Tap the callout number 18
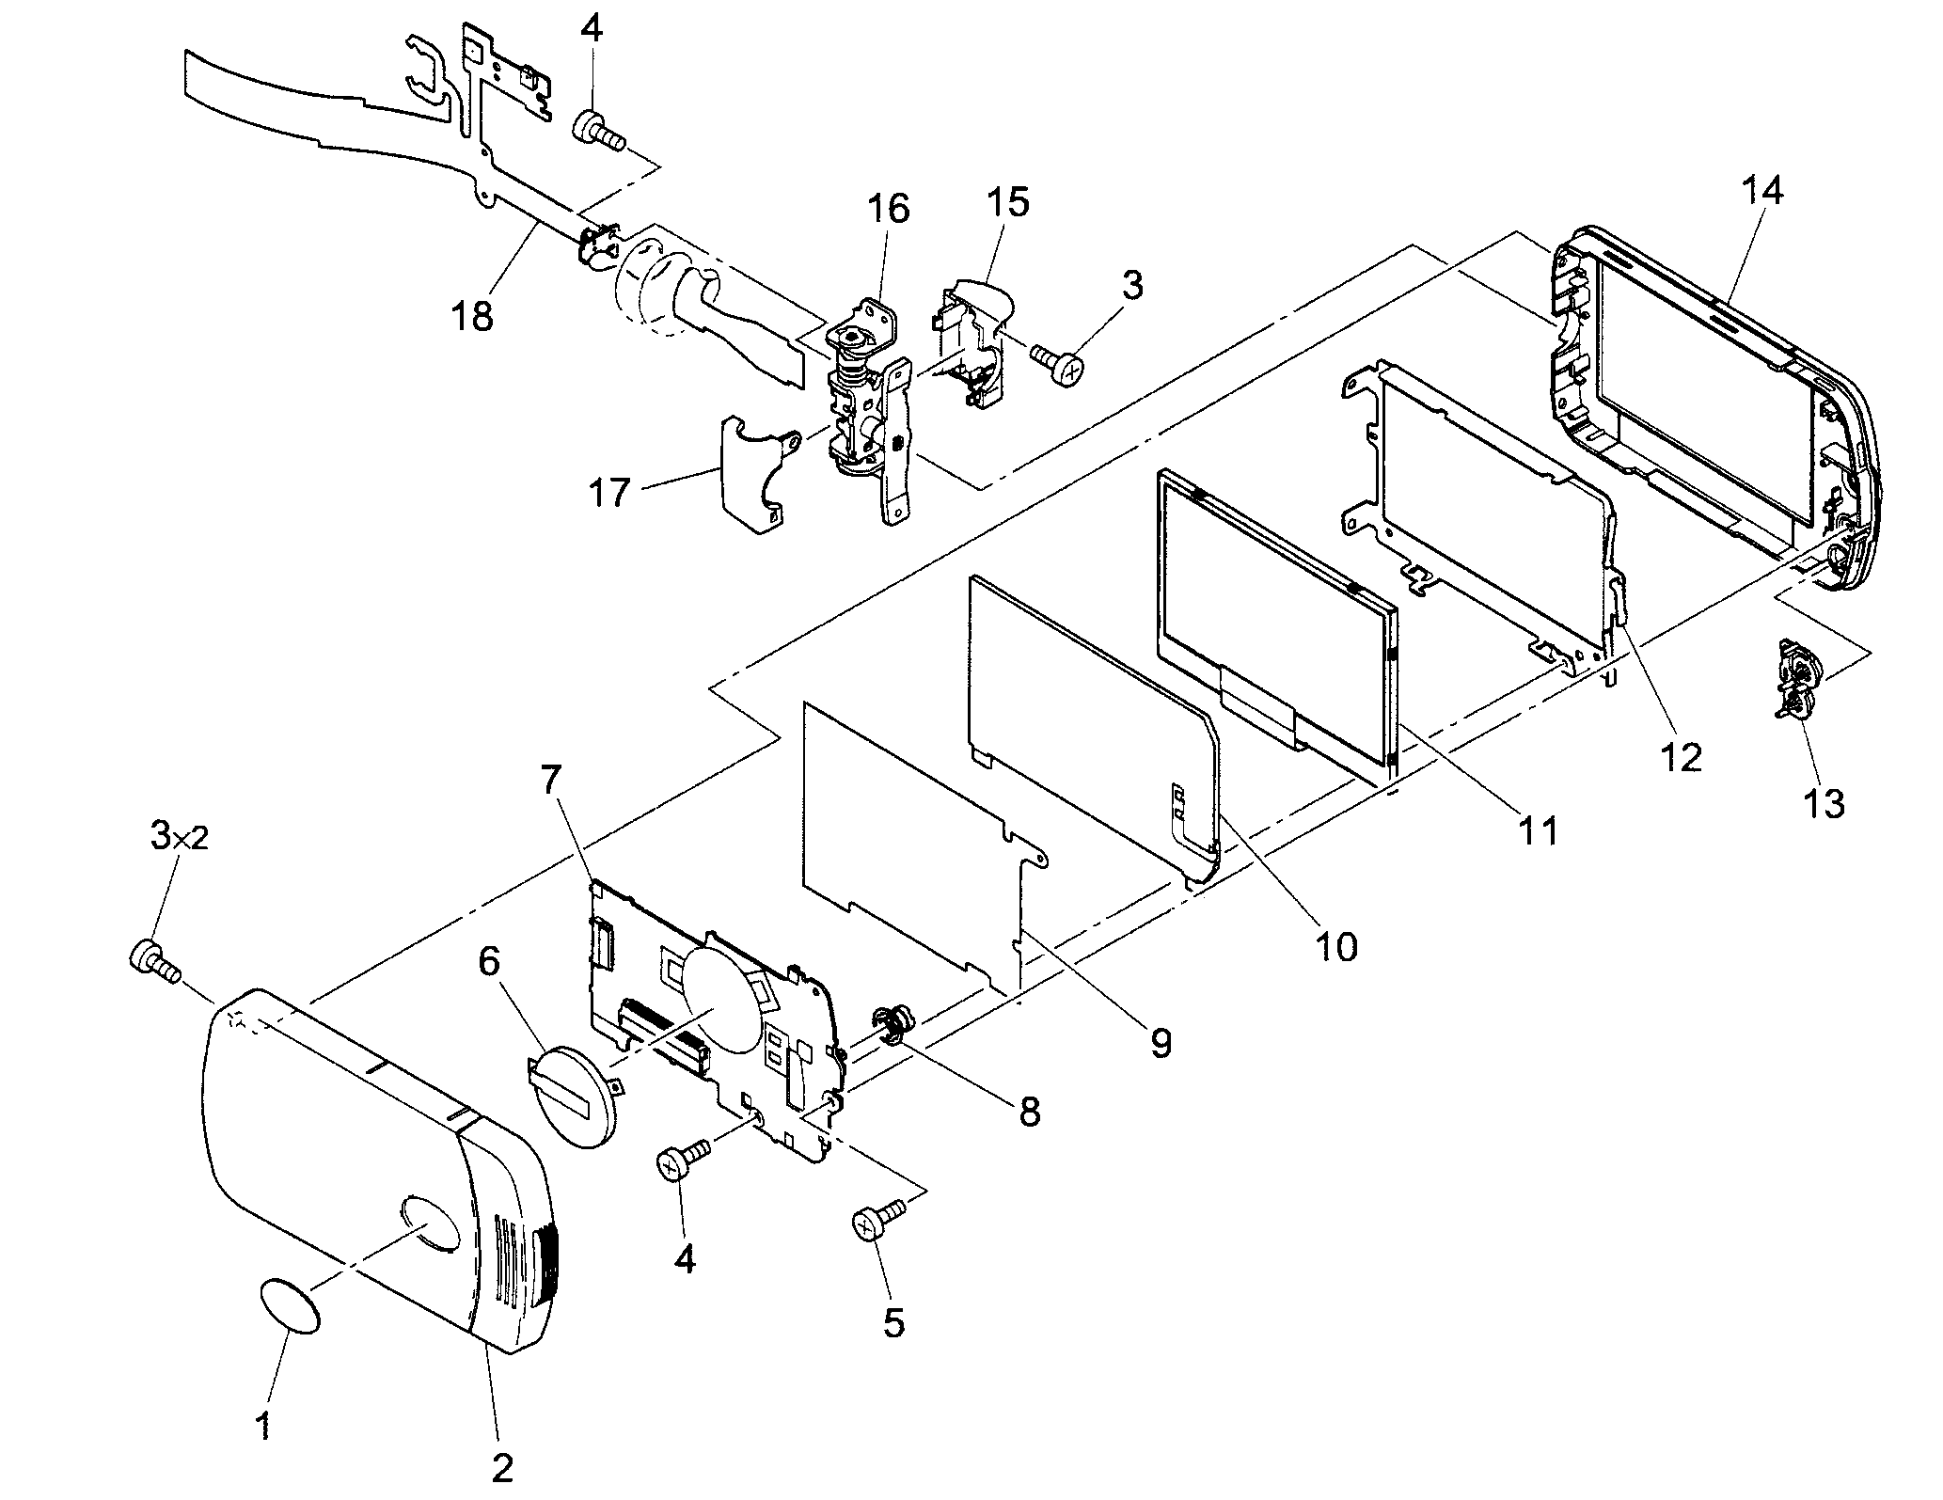(x=471, y=316)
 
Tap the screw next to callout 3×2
(x=150, y=961)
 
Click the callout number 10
(x=1335, y=946)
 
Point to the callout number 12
(x=1682, y=757)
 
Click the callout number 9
(x=1160, y=1042)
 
